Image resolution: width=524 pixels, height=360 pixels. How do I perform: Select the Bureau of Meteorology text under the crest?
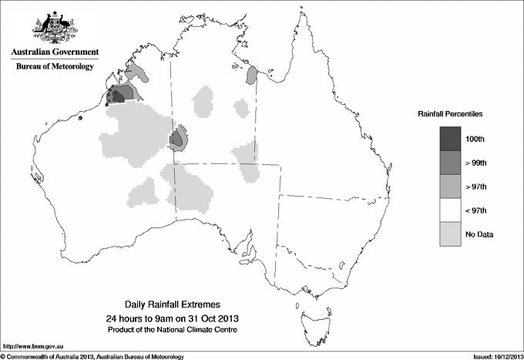click(x=54, y=67)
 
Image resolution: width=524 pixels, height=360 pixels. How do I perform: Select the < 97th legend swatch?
click(x=451, y=210)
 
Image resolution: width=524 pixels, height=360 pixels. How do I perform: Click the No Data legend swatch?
click(x=451, y=234)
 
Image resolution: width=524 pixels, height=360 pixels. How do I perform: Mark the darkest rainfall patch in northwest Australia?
click(x=117, y=96)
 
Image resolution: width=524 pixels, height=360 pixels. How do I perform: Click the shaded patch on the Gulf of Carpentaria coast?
click(x=251, y=76)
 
